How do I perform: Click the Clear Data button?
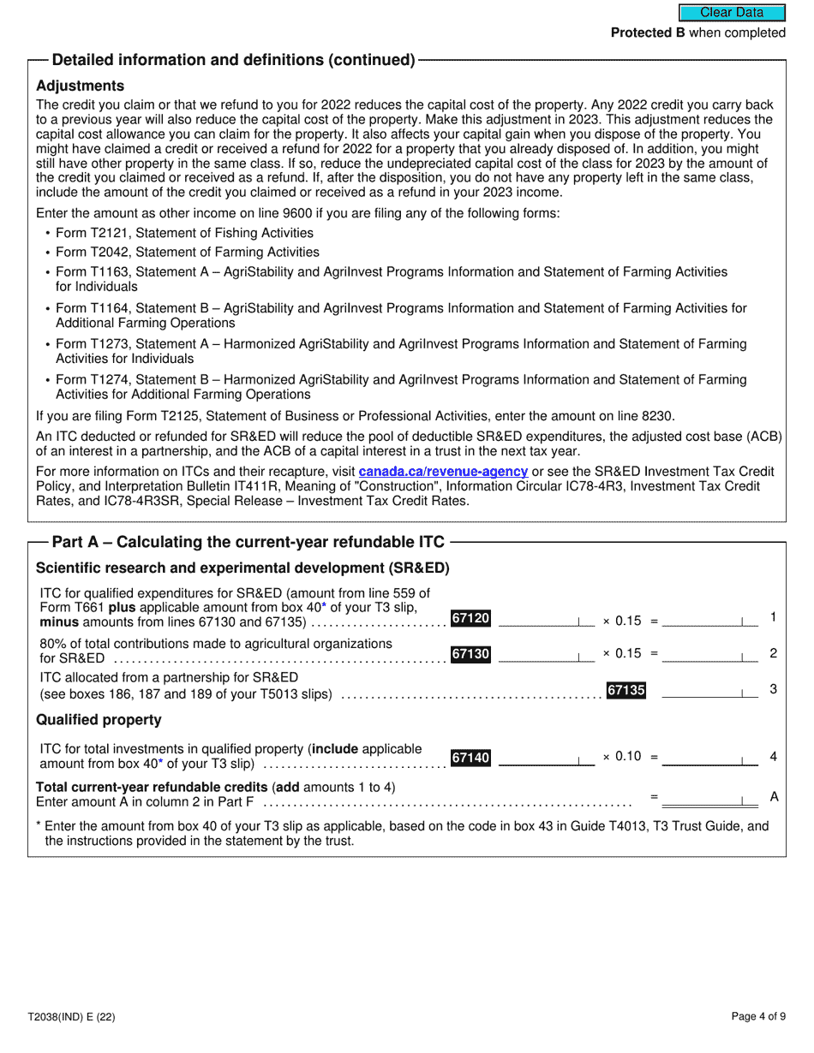tap(732, 13)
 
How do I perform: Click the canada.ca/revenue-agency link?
tap(442, 472)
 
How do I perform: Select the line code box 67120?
tap(470, 618)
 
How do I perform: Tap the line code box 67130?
tap(470, 654)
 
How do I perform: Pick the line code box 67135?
tap(625, 690)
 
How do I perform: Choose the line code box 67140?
tap(470, 758)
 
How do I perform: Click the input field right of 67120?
tap(545, 619)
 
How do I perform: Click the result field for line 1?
tap(709, 619)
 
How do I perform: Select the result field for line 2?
tap(709, 655)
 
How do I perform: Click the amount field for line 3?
tap(709, 691)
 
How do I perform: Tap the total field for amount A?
tap(709, 798)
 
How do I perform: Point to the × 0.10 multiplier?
tap(622, 757)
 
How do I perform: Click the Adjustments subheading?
tap(80, 86)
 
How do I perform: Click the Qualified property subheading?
tap(99, 720)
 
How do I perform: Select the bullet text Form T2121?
tap(184, 233)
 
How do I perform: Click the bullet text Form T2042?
tap(187, 253)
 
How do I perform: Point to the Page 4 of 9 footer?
tap(758, 1017)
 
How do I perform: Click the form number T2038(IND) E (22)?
tap(71, 1017)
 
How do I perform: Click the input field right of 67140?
tap(545, 758)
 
